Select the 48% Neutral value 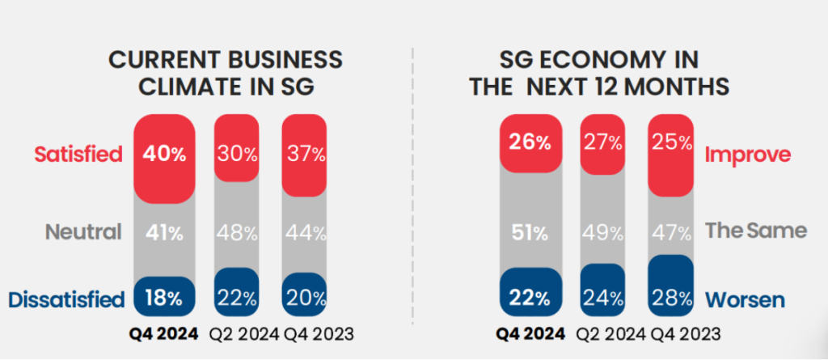237,233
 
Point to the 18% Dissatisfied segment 167,297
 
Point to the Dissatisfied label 66,300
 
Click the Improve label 748,155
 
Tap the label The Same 756,231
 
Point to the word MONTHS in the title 684,87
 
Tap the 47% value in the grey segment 670,233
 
